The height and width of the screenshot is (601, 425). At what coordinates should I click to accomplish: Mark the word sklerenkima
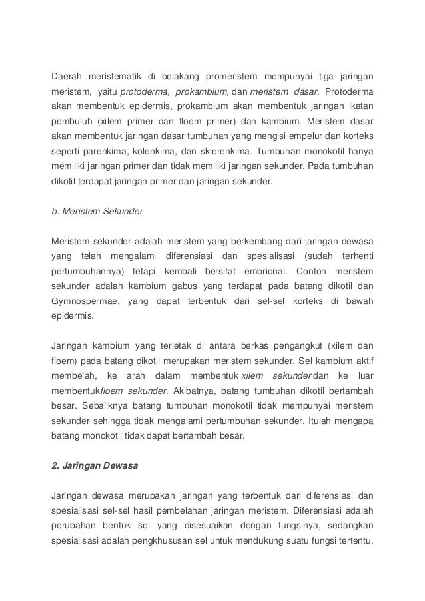pos(220,151)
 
